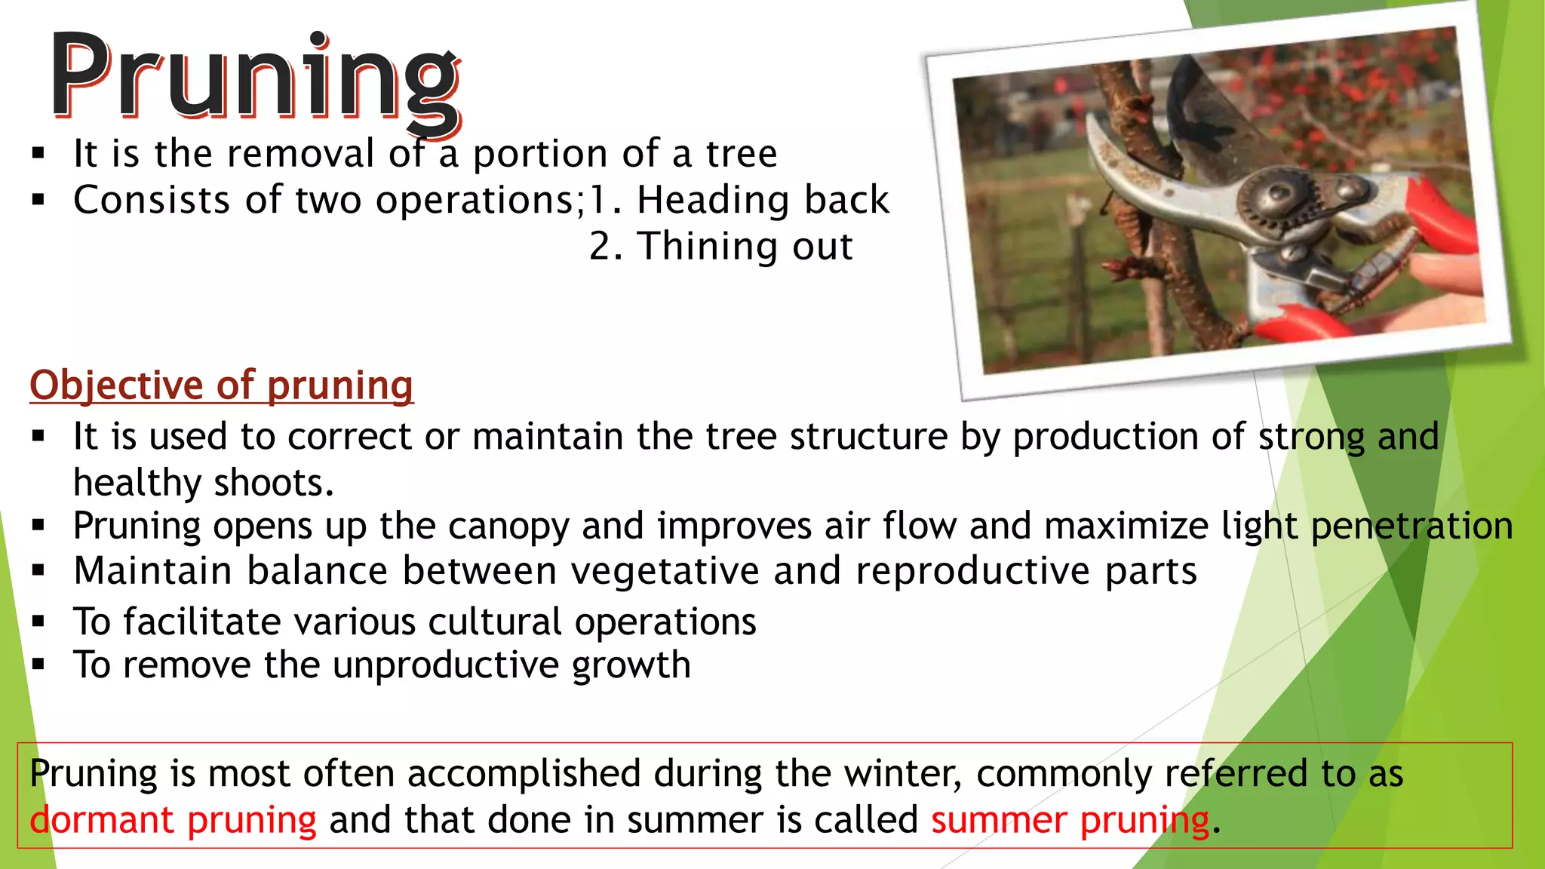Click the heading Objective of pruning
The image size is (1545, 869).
(x=221, y=385)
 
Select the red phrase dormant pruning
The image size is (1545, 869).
(x=173, y=820)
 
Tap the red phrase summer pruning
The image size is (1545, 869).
(x=1070, y=820)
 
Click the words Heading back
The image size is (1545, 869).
(x=763, y=201)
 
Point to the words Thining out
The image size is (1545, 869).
(x=745, y=247)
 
